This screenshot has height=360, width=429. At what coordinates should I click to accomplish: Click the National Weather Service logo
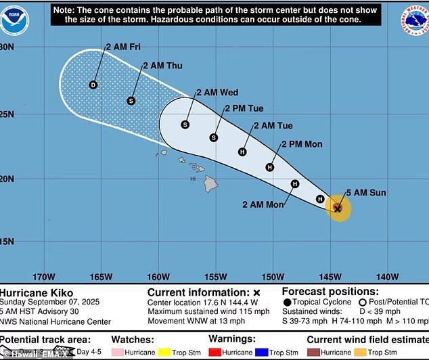[x=413, y=20]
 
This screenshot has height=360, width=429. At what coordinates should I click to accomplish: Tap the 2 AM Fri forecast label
[x=122, y=47]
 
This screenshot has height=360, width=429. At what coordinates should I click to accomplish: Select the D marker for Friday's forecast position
[x=93, y=85]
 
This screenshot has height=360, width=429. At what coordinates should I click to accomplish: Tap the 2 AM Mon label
[x=263, y=204]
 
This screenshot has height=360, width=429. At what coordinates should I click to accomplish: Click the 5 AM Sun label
[x=366, y=193]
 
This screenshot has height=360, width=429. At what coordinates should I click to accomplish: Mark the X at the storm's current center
[x=338, y=209]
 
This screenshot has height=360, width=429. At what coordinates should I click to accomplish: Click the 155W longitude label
[x=215, y=277]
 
